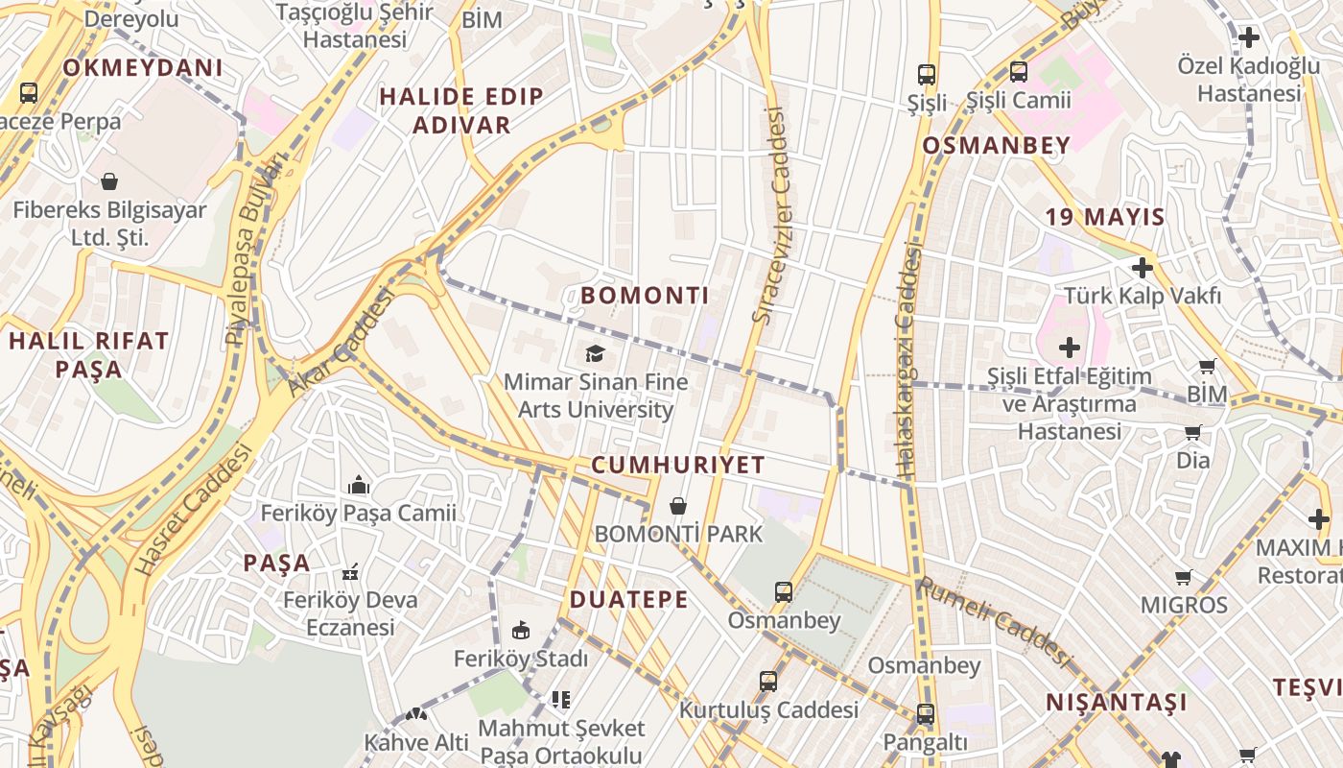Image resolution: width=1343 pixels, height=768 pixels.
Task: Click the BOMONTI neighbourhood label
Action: pyautogui.click(x=645, y=296)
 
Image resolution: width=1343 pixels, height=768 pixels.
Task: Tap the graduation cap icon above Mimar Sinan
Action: pyautogui.click(x=596, y=354)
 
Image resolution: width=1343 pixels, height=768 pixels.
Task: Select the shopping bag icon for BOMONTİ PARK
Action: pyautogui.click(x=678, y=506)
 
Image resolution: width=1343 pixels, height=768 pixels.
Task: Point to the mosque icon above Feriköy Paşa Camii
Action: pyautogui.click(x=360, y=485)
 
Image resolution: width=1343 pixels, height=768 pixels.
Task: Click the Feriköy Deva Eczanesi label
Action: pyautogui.click(x=350, y=613)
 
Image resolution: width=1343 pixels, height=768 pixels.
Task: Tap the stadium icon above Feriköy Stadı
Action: pyautogui.click(x=521, y=631)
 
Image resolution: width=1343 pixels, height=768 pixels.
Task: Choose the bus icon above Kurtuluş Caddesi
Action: pyautogui.click(x=768, y=682)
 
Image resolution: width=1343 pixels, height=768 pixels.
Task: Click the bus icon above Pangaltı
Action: pyautogui.click(x=925, y=714)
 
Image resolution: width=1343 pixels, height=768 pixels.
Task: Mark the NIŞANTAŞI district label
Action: pyautogui.click(x=1116, y=703)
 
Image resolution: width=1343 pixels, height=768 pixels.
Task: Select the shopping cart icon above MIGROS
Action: pyautogui.click(x=1184, y=577)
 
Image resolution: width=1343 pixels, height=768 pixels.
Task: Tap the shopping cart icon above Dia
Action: pyautogui.click(x=1193, y=432)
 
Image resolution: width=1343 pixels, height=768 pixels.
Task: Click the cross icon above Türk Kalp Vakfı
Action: pyautogui.click(x=1142, y=267)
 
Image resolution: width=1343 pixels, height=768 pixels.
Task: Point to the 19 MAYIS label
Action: pyautogui.click(x=1105, y=217)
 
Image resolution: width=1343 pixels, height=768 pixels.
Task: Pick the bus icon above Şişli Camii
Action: pyautogui.click(x=1019, y=72)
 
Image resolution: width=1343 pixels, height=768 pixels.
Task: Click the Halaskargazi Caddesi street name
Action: pyautogui.click(x=907, y=360)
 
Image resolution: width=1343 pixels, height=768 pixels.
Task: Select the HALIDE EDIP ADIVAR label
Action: pyautogui.click(x=461, y=110)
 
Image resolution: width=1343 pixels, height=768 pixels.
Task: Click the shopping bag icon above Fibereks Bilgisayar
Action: pyautogui.click(x=109, y=181)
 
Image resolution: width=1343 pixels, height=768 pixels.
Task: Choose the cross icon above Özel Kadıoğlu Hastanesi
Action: pyautogui.click(x=1249, y=38)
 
